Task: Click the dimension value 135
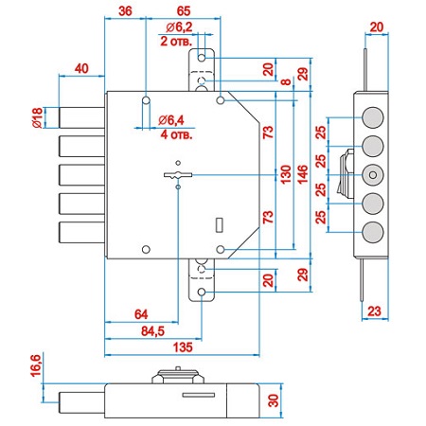tap(183, 347)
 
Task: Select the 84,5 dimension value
tap(152, 331)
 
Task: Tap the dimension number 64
tap(141, 314)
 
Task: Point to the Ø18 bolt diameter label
tap(37, 117)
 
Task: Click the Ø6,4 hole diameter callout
tap(171, 120)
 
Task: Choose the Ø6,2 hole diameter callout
tap(179, 27)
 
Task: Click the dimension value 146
tap(302, 174)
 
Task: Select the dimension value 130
tap(286, 174)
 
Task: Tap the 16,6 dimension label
tap(36, 365)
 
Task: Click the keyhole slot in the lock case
tap(178, 175)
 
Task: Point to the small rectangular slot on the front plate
tap(220, 225)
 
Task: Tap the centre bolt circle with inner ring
tap(373, 175)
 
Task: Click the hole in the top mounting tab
tap(202, 58)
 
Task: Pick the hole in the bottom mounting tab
tap(202, 293)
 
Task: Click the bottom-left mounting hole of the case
tap(146, 249)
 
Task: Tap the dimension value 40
tap(81, 68)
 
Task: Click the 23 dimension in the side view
tap(374, 311)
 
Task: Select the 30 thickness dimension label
tap(274, 400)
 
